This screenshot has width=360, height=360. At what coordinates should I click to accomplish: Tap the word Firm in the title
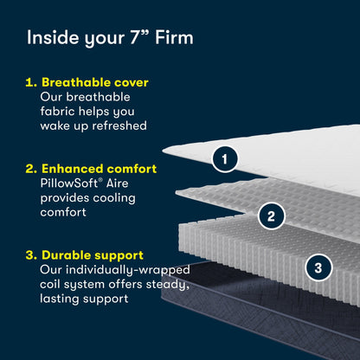coord(174,37)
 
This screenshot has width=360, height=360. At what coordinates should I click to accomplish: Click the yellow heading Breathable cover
coord(95,82)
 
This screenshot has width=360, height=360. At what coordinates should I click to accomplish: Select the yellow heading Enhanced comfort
coord(99,169)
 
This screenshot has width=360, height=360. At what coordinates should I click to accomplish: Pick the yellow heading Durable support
coord(93,255)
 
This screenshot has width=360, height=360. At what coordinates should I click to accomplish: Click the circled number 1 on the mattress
coord(225,159)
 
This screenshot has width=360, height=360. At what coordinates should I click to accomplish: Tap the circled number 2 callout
coord(271,216)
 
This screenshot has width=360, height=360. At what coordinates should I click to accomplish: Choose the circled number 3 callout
coord(318,267)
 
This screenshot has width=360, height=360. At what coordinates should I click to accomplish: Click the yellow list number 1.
coord(31,82)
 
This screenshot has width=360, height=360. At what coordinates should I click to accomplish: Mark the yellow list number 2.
coord(31,169)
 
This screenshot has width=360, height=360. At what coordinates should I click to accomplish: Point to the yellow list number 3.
coord(31,255)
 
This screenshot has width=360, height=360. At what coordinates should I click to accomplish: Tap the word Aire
coord(117,183)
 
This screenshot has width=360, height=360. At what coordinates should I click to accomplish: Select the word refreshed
coord(119,125)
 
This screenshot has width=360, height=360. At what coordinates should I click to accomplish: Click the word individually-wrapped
coord(127,270)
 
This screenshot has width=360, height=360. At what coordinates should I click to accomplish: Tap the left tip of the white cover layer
coord(163,150)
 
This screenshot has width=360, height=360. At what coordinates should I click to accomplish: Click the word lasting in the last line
coord(60,299)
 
